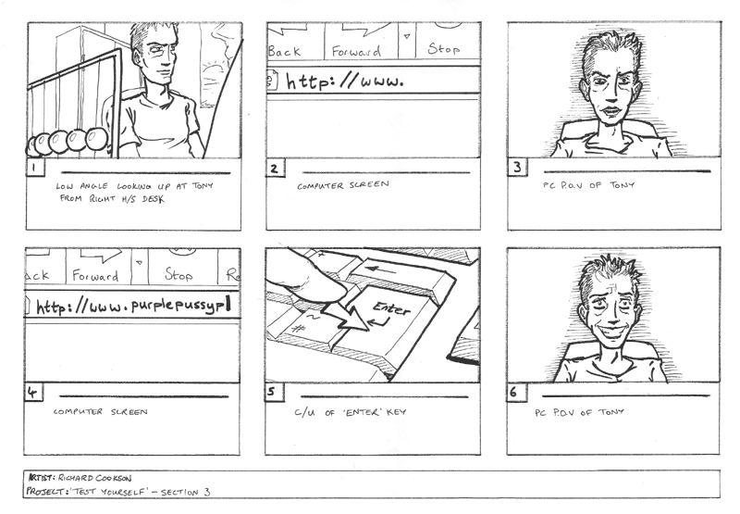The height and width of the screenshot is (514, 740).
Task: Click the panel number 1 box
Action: (35, 168)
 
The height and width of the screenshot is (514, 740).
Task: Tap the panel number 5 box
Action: (275, 392)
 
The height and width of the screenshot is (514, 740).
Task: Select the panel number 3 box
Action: (517, 168)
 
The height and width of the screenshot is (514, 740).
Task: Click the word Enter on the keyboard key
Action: (391, 308)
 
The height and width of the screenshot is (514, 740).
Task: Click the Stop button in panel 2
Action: (443, 48)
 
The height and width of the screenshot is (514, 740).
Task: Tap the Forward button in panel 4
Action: (95, 275)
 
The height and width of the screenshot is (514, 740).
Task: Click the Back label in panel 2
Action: (284, 51)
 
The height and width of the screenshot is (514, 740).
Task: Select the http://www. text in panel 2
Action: (345, 81)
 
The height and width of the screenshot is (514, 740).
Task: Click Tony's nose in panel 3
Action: (611, 95)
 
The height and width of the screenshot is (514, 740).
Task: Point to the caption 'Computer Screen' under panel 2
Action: (343, 185)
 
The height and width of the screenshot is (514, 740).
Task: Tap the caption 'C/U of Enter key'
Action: (351, 412)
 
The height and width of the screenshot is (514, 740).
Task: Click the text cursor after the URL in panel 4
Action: (228, 306)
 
